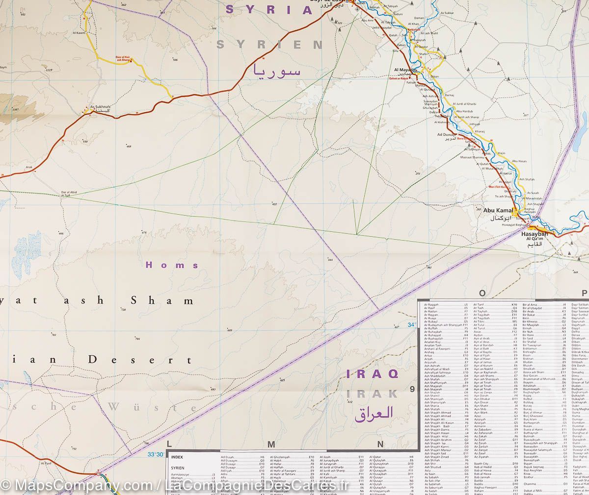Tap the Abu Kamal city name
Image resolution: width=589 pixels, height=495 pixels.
498,211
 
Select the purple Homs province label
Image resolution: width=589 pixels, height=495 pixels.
172,265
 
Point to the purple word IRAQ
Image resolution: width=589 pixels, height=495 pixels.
372,374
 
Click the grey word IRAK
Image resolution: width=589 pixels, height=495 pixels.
372,393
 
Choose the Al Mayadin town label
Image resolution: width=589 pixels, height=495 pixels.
405,70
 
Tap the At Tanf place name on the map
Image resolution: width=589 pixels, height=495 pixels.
46,463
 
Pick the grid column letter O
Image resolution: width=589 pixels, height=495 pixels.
482,293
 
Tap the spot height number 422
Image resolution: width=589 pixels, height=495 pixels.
275,204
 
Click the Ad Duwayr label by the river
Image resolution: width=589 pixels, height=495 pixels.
447,134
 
